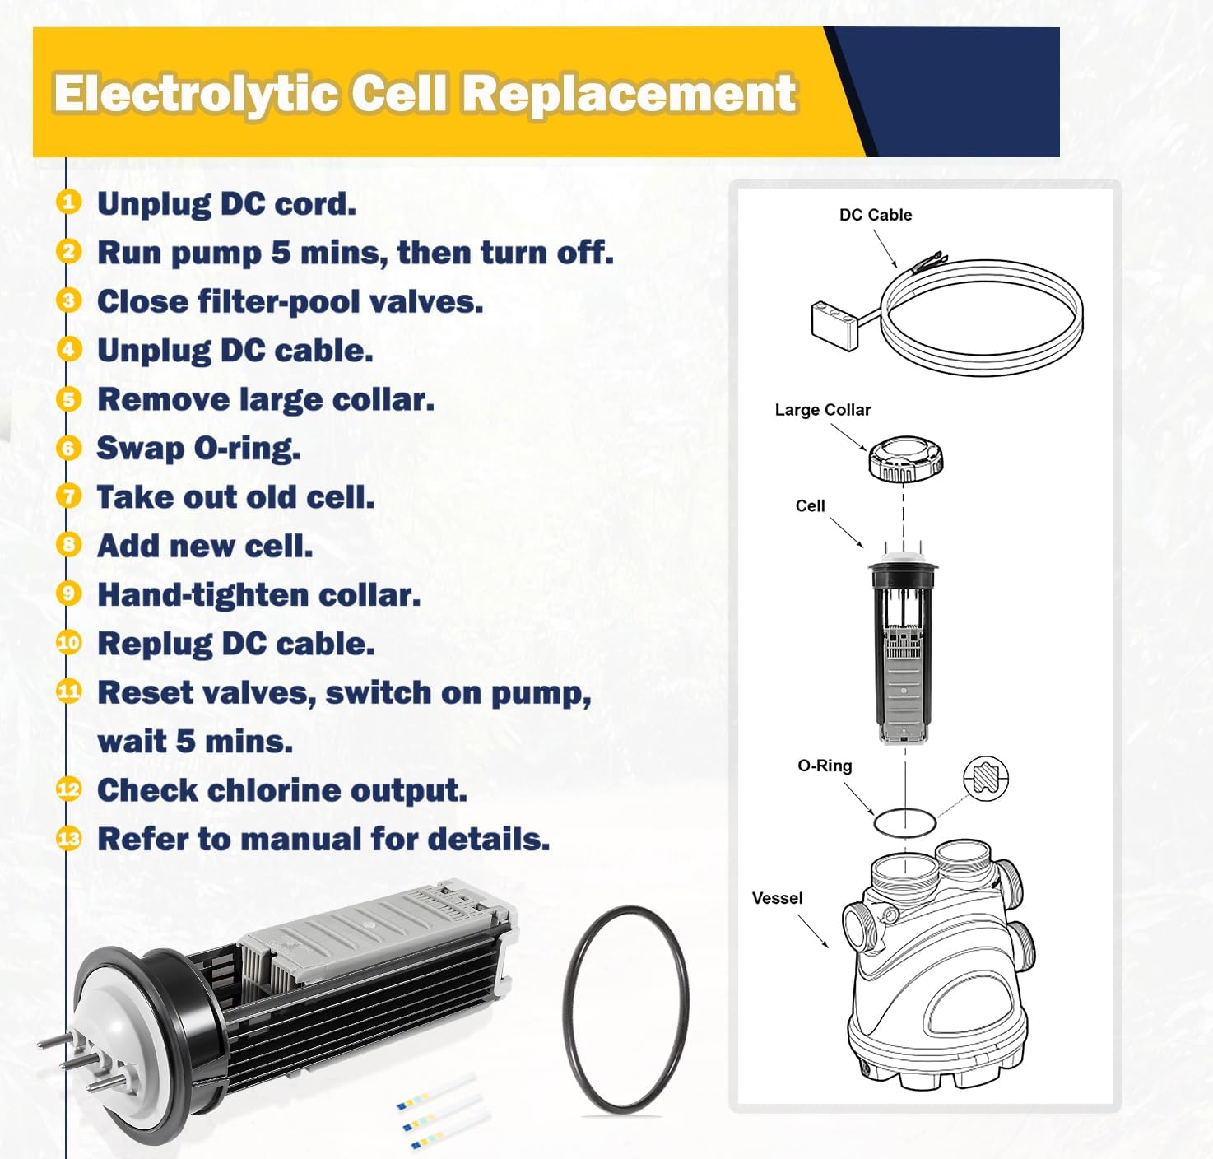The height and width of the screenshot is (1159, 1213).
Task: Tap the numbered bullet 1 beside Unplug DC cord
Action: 69,202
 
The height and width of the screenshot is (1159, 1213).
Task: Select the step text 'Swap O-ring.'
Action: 198,449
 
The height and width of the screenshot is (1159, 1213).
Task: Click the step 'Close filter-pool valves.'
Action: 290,301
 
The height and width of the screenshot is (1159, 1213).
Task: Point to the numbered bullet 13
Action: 69,839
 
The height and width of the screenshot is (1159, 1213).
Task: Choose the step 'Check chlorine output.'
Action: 281,790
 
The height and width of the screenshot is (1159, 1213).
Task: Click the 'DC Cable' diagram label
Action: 875,215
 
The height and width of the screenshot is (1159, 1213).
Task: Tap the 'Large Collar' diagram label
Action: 822,410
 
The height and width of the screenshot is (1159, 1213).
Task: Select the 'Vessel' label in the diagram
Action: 777,898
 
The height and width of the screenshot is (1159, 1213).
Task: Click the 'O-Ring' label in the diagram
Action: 825,766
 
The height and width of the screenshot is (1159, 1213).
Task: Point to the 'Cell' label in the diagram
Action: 810,506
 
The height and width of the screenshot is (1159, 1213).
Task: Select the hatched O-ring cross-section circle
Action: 985,778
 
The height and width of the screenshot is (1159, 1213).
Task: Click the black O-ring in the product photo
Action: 625,1011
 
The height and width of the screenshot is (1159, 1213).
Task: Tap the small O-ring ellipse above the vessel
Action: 904,822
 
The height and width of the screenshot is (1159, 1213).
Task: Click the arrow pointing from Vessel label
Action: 813,932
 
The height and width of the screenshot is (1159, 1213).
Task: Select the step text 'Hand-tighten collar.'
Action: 258,595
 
